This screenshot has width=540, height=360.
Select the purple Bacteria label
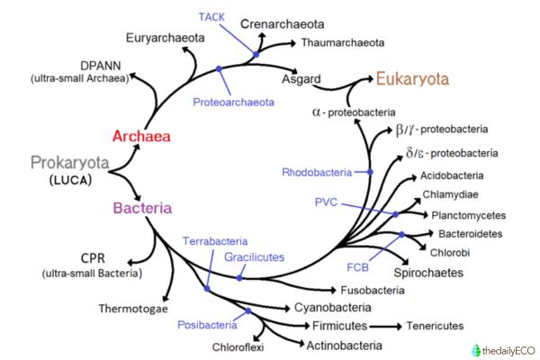tap(141, 208)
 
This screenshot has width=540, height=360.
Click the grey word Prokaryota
tap(69, 163)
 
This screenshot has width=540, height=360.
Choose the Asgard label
tap(301, 79)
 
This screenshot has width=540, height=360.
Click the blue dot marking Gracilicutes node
tap(239, 278)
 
